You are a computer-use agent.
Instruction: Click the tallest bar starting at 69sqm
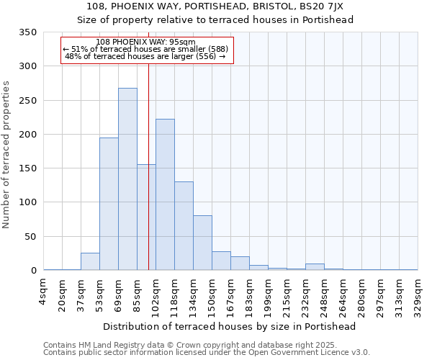click(127, 179)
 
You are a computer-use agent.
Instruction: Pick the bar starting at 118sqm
click(184, 226)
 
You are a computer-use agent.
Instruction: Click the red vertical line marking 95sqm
click(148, 158)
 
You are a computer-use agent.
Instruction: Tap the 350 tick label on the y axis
click(27, 32)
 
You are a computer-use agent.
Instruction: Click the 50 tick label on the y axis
click(30, 237)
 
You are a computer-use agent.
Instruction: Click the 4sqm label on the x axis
click(43, 287)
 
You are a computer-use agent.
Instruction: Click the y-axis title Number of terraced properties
click(7, 155)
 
